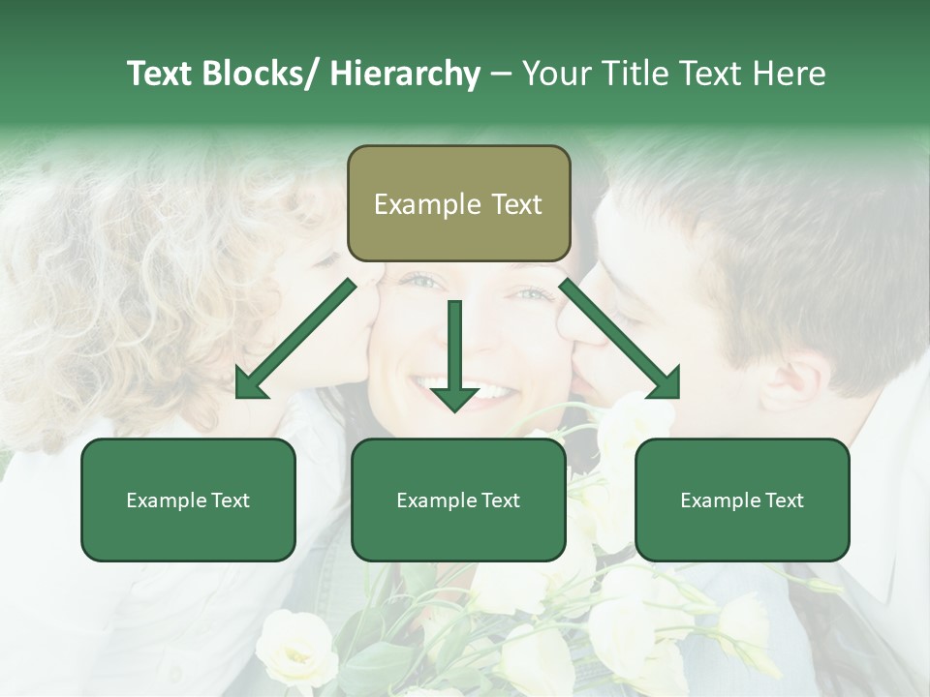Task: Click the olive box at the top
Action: tap(458, 203)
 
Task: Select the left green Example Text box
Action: tap(188, 500)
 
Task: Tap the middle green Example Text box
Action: tap(458, 500)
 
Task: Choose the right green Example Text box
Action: tap(742, 500)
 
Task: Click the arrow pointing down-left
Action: tap(295, 339)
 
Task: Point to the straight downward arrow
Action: tap(454, 354)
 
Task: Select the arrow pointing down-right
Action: tap(620, 339)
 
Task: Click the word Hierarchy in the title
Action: tap(405, 74)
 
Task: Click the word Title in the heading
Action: tap(634, 74)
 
